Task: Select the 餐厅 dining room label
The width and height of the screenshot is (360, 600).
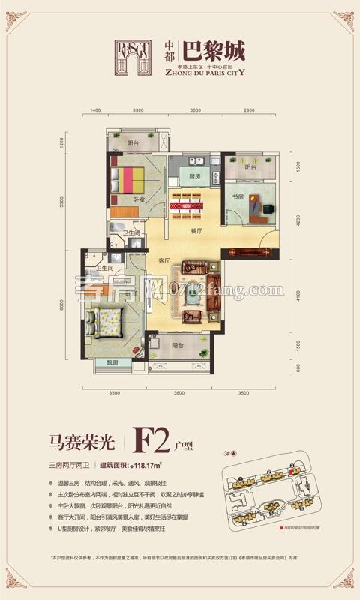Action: point(198,231)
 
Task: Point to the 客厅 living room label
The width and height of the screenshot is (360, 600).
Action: point(166,261)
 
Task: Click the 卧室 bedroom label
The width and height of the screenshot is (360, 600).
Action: point(139,200)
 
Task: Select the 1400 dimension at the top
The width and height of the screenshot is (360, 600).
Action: point(95,111)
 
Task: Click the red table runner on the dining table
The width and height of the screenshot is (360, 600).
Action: point(187,202)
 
